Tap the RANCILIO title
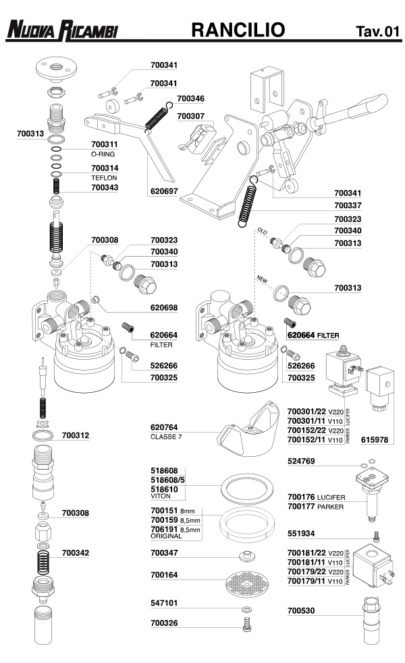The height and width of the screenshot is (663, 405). pos(238,30)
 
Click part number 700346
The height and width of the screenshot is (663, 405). pos(190,98)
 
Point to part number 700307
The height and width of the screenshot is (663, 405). pos(190,116)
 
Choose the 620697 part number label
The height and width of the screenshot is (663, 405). pos(163,191)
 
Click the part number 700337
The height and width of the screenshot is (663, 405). pos(348,205)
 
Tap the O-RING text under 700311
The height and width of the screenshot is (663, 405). pos(103,154)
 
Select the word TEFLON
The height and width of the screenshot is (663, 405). pos(104,177)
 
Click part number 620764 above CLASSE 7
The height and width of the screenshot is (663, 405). pos(163,427)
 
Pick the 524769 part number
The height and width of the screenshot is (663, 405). pos(301,462)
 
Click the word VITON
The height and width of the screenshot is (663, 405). pos(160,495)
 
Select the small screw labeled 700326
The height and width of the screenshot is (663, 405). pos(247,627)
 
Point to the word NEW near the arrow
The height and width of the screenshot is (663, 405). pos(262,277)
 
